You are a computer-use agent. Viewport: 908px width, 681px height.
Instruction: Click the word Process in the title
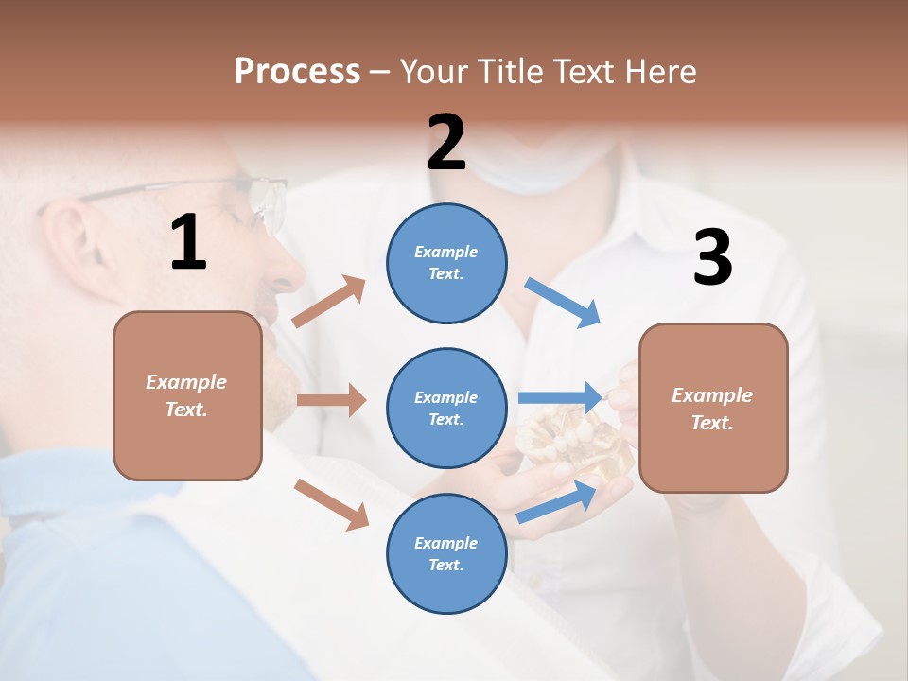297,71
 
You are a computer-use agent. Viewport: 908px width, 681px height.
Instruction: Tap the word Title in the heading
509,71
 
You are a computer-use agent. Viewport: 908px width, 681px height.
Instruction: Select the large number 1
188,243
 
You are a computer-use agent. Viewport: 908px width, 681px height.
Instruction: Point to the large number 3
712,257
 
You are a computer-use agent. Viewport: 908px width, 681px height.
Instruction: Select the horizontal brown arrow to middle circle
331,400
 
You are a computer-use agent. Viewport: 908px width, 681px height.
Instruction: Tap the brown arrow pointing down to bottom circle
331,503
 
